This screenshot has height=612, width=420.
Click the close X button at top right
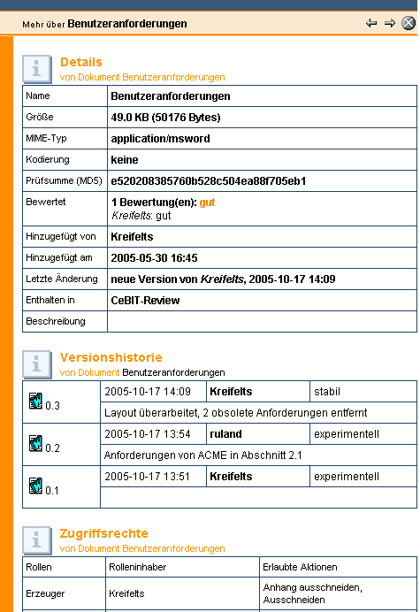[408, 23]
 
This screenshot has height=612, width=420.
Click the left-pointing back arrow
[371, 23]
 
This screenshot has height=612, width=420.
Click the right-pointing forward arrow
[389, 23]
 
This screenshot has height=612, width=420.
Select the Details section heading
[80, 62]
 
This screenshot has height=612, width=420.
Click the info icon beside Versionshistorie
[36, 363]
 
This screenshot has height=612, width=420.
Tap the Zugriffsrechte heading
[104, 533]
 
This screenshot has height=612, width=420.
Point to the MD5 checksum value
[208, 180]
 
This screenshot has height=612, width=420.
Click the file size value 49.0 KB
[165, 117]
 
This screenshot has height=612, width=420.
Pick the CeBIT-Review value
[145, 300]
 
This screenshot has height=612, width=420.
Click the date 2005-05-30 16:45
[154, 257]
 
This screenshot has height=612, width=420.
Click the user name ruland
[225, 433]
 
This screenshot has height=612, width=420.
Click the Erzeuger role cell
[42, 593]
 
